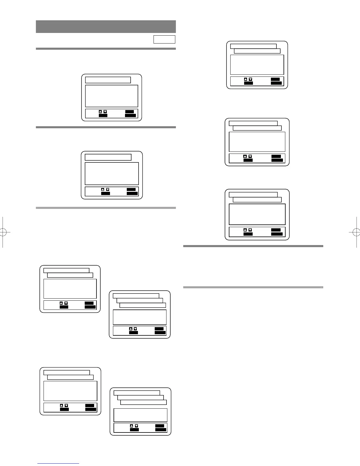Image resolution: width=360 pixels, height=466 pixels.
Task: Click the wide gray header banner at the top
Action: (x=106, y=26)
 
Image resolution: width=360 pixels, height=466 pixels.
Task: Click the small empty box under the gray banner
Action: (x=164, y=39)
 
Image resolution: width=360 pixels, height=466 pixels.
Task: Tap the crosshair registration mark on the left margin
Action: (x=3, y=232)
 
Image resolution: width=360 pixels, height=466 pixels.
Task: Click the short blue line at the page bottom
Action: (x=58, y=464)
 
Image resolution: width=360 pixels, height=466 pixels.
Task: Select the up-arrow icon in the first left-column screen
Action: (x=100, y=112)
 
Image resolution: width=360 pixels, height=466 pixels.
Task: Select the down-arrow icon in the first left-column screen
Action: (x=105, y=112)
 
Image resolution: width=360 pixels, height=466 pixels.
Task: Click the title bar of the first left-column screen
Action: (x=108, y=80)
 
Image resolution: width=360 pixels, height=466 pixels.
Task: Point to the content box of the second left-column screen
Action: (x=112, y=174)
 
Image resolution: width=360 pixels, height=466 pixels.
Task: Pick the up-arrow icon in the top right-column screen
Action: (x=246, y=79)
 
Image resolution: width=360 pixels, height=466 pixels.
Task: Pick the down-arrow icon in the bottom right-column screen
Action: (x=250, y=230)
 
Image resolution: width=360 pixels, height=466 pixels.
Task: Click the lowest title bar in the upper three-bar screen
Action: (x=143, y=305)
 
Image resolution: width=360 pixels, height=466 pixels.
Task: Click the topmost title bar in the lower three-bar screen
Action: (x=137, y=393)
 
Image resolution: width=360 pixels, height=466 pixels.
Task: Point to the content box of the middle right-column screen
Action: (x=257, y=142)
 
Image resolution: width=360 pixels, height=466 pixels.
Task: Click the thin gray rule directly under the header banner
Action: (x=106, y=49)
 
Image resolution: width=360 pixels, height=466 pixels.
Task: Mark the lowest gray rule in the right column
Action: (x=253, y=287)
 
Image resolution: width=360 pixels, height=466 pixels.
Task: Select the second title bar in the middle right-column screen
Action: (x=257, y=128)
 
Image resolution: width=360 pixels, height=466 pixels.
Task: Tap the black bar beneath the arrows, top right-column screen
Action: (x=249, y=83)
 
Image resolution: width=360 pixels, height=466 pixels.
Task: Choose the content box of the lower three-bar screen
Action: (x=140, y=415)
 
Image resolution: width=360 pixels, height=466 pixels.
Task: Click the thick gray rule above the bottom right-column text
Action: (x=253, y=246)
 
